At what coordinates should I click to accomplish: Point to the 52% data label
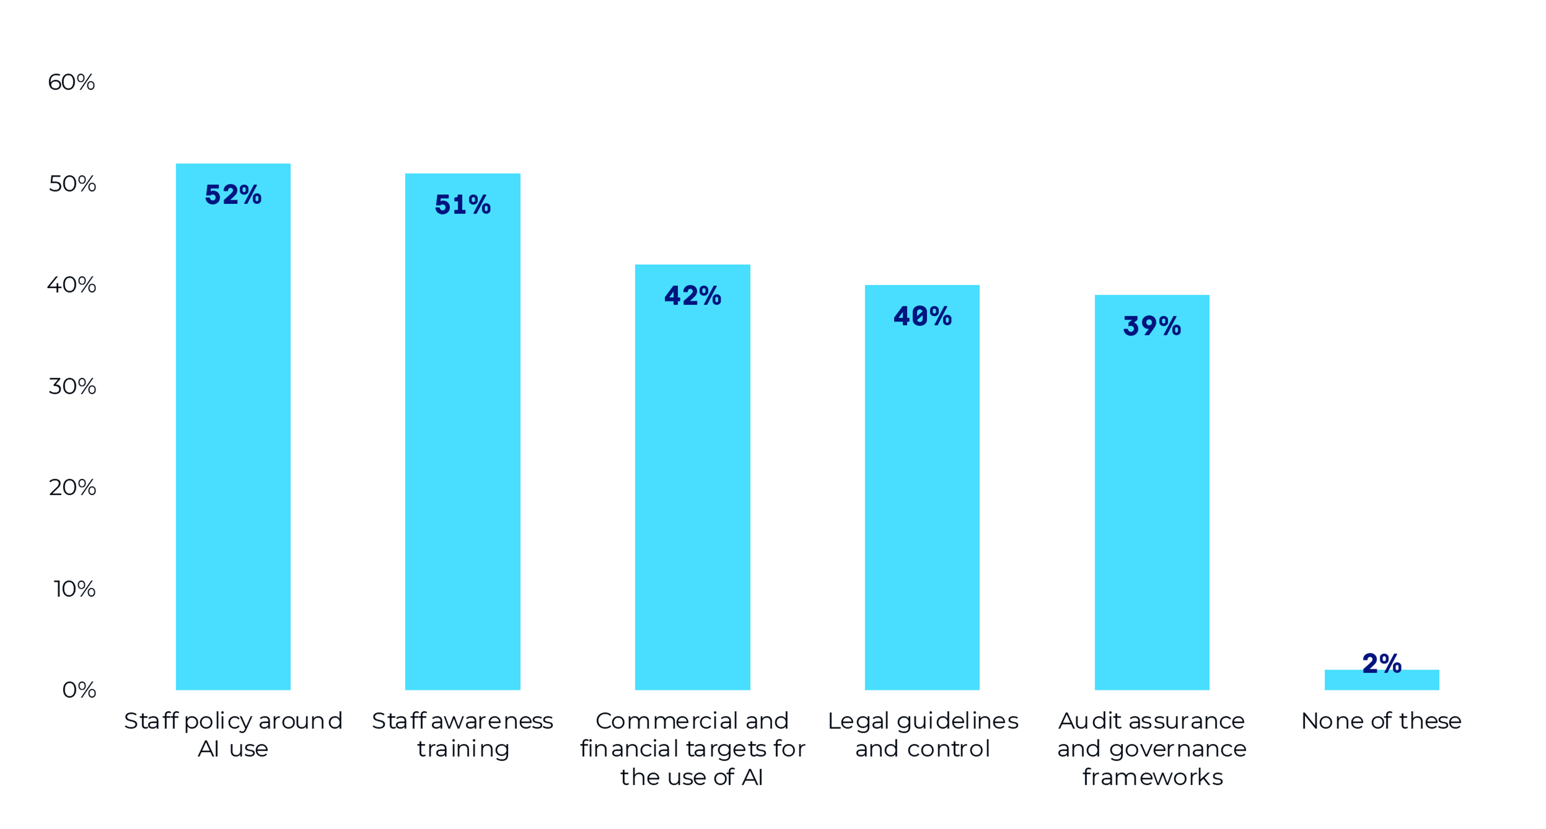233,195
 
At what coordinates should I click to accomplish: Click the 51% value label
463,205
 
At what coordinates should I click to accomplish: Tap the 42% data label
692,296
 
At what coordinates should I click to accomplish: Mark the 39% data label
1152,327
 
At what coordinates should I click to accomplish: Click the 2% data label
1381,663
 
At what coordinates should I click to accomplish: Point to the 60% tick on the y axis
72,82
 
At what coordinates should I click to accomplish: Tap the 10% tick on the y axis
74,589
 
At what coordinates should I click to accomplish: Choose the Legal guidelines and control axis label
922,735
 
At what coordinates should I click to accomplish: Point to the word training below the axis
463,749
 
